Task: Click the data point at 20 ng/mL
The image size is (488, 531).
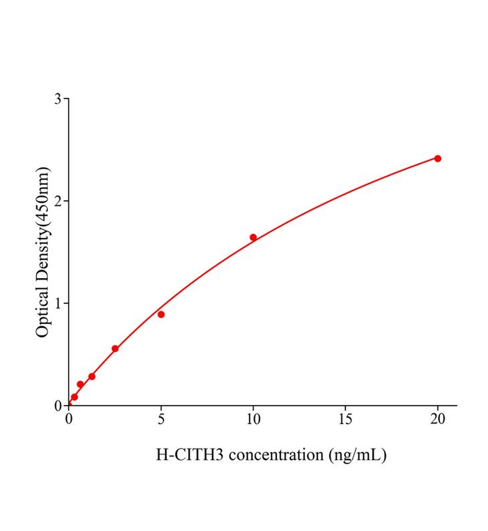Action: pyautogui.click(x=438, y=158)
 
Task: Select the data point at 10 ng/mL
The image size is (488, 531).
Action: pyautogui.click(x=253, y=237)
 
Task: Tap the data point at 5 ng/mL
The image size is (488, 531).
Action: pyautogui.click(x=161, y=315)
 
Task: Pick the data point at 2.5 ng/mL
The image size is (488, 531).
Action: pyautogui.click(x=115, y=349)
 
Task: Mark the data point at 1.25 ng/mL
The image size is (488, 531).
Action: pyautogui.click(x=92, y=377)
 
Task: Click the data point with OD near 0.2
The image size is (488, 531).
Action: pyautogui.click(x=80, y=384)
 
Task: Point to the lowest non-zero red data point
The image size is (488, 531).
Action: pyautogui.click(x=74, y=397)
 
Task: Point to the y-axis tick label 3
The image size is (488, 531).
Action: pyautogui.click(x=58, y=99)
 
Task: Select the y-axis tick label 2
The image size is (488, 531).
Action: pyautogui.click(x=58, y=201)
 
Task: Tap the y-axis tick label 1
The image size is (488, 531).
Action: pyautogui.click(x=58, y=304)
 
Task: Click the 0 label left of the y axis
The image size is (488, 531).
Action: pyautogui.click(x=58, y=406)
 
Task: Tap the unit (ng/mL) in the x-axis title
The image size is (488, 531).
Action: pyautogui.click(x=358, y=455)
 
